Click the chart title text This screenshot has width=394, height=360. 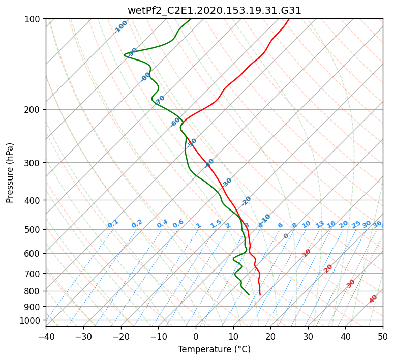click(x=214, y=10)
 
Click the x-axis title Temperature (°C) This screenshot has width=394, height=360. click(x=214, y=349)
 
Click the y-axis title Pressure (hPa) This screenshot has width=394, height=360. click(x=10, y=173)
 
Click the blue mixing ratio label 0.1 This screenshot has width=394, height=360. click(x=113, y=223)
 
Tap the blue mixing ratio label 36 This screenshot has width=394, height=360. click(x=377, y=224)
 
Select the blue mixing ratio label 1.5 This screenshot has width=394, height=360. click(x=216, y=223)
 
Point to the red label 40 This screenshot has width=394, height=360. click(x=373, y=299)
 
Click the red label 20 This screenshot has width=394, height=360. click(x=328, y=268)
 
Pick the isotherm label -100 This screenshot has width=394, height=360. click(x=120, y=27)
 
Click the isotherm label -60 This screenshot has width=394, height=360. click(x=175, y=122)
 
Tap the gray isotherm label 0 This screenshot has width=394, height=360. click(x=286, y=236)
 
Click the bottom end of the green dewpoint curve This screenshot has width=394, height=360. click(x=249, y=295)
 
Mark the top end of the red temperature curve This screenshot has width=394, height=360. click(x=289, y=19)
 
